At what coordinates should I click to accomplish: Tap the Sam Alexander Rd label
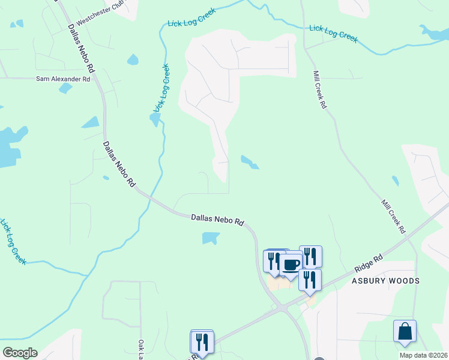63,79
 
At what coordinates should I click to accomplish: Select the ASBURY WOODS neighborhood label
385,281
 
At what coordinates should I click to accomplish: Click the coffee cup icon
292,264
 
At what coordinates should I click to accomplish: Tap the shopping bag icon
405,331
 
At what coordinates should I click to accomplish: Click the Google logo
20,353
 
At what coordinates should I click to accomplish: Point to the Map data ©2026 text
423,355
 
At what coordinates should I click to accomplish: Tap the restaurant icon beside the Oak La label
202,342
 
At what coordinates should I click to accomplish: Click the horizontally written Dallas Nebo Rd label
217,220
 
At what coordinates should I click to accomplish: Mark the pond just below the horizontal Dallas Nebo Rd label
210,239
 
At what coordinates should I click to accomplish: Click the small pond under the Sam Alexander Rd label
65,88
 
